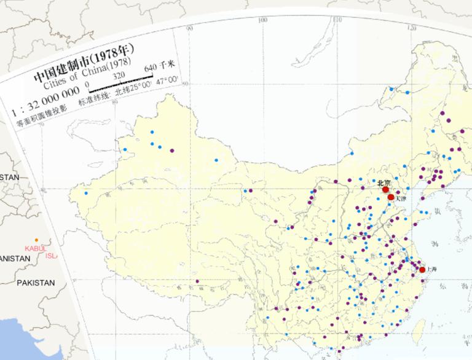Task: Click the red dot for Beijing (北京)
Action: tap(386, 190)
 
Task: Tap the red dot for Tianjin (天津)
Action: tap(391, 197)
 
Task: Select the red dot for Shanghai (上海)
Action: tap(422, 270)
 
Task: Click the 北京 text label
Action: tap(383, 182)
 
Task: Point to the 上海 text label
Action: tap(431, 269)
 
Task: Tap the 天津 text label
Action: tap(401, 198)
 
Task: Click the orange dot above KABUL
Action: tap(36, 240)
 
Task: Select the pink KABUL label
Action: tap(36, 248)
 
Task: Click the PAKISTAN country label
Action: tap(36, 283)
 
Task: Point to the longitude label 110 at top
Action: tap(336, 20)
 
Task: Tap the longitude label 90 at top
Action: tap(189, 28)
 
